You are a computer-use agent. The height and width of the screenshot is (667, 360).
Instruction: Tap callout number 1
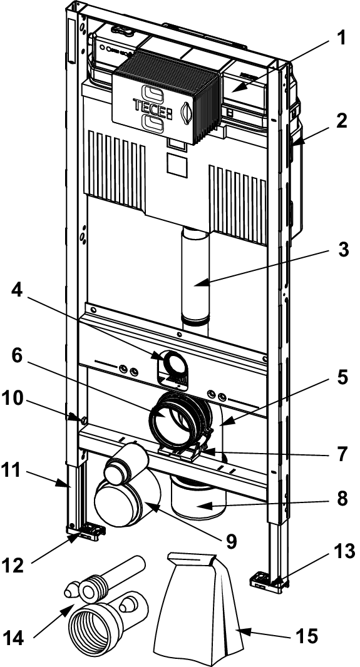[x=340, y=38]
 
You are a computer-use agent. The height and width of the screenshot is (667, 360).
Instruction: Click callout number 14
[x=14, y=638]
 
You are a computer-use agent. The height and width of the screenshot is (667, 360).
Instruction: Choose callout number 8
[x=341, y=499]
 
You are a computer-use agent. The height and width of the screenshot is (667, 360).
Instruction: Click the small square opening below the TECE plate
[x=177, y=165]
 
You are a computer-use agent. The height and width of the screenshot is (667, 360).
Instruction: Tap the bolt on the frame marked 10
[x=83, y=420]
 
